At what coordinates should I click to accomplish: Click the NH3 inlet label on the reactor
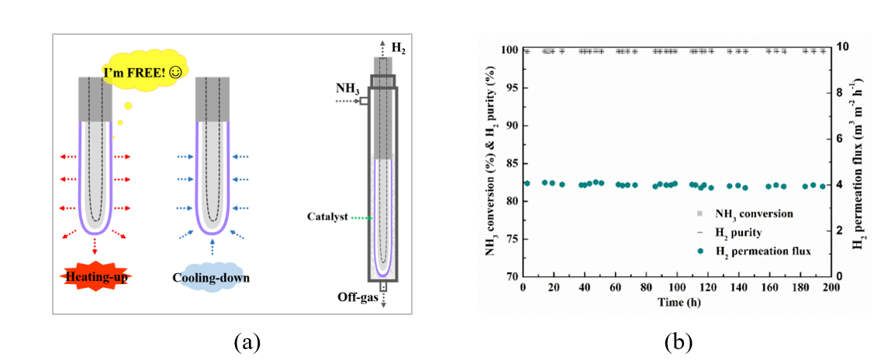347,89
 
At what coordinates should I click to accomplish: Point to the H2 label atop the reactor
398,48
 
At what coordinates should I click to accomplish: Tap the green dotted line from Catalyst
362,220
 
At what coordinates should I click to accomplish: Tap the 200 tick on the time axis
830,289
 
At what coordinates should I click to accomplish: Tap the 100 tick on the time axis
677,289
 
